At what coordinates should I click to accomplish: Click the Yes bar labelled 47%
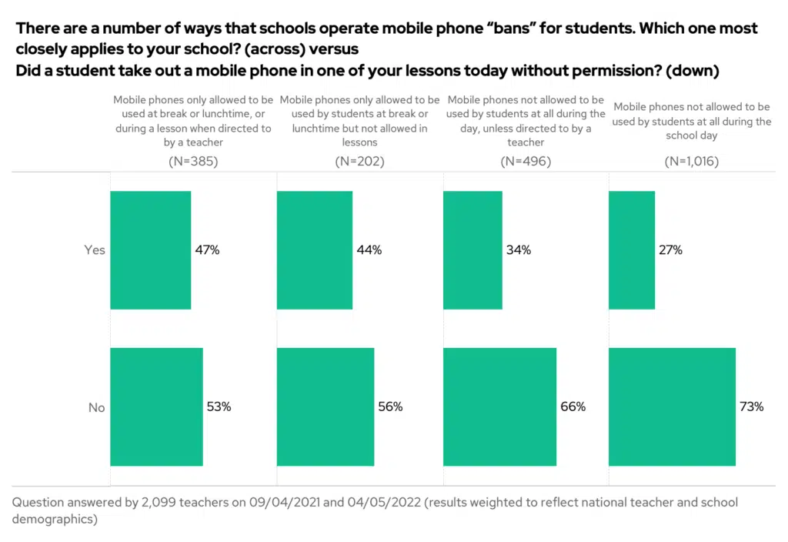(151, 250)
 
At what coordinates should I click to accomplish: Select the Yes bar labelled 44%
(315, 250)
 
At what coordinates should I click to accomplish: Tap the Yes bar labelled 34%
(472, 250)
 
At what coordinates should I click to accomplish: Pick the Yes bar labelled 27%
(632, 250)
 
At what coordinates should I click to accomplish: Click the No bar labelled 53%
(156, 406)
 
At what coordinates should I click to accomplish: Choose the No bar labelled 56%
(326, 406)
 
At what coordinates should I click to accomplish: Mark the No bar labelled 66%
(499, 406)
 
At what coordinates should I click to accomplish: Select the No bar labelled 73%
(672, 406)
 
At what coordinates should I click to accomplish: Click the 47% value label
(207, 250)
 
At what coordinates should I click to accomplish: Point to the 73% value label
(751, 406)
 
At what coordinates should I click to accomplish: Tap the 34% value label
(518, 250)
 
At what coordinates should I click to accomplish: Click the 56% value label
(390, 406)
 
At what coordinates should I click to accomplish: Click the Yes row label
(95, 250)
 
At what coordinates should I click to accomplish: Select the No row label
(96, 407)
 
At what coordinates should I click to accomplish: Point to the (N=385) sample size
(193, 162)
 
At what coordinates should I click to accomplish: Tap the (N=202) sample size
(359, 162)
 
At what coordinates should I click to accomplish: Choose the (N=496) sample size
(526, 162)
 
